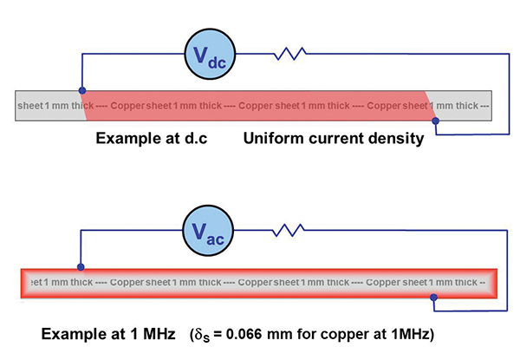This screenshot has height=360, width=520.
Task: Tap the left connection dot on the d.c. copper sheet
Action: [82, 89]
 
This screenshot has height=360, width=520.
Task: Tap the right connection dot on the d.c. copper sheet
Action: [435, 122]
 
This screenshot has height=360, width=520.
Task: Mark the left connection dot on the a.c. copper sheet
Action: [81, 266]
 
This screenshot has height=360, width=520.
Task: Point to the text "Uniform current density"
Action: [333, 139]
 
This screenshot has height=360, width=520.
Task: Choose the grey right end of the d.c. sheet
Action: [468, 106]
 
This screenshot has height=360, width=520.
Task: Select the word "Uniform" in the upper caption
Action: [272, 139]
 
